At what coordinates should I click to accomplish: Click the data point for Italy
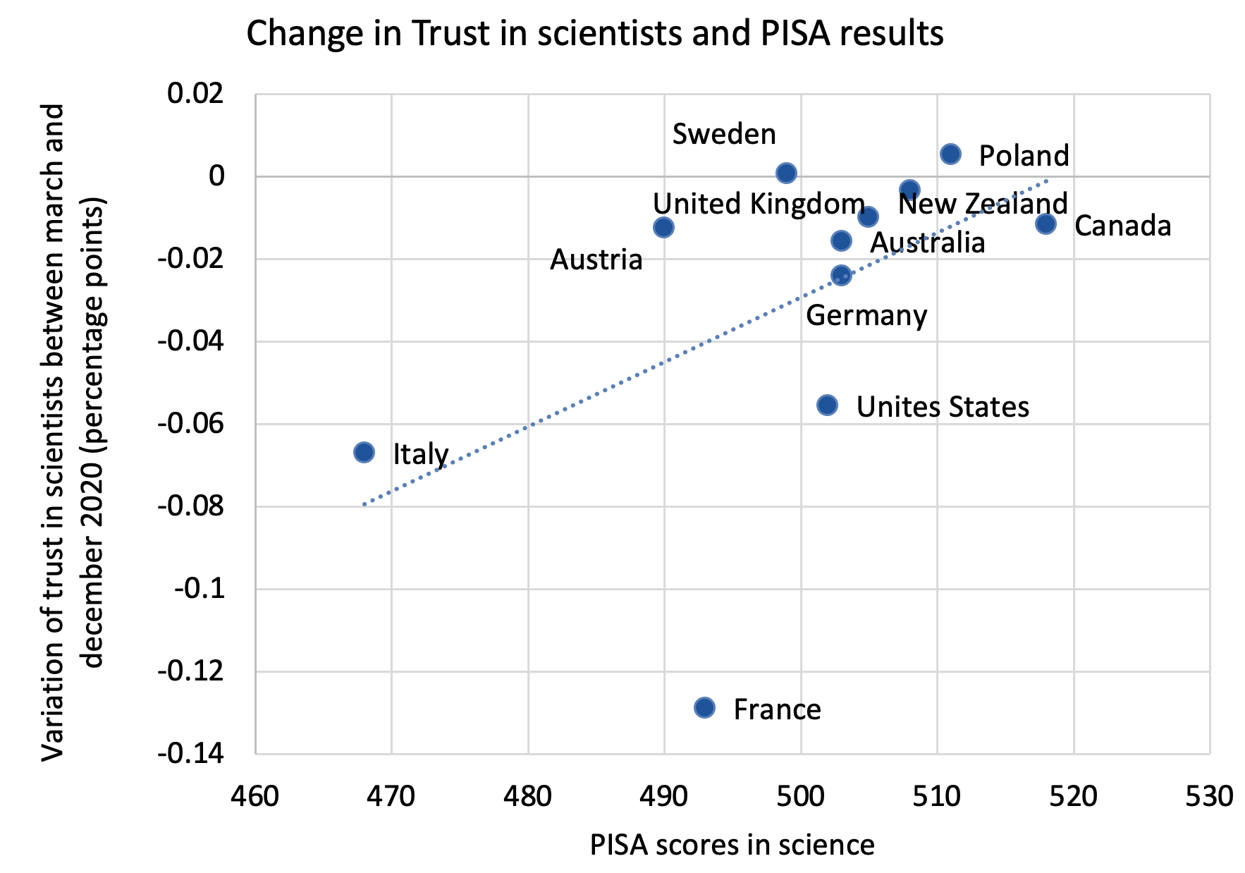[x=364, y=452]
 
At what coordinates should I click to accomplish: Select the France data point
[x=704, y=707]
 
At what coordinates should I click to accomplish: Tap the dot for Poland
[x=950, y=154]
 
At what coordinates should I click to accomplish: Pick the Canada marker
[x=1045, y=224]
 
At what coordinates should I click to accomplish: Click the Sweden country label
[x=723, y=134]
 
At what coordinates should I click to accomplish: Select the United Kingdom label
[x=759, y=204]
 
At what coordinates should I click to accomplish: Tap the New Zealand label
[x=983, y=204]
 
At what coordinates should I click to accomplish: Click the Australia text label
[x=927, y=243]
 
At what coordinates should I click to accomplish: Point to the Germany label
[x=866, y=315]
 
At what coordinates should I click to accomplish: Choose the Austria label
[x=596, y=260]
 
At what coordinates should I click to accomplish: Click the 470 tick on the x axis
[x=391, y=796]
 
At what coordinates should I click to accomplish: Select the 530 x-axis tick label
[x=1209, y=796]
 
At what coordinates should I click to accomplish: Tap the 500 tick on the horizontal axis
[x=800, y=796]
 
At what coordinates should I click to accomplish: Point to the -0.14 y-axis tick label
[x=191, y=754]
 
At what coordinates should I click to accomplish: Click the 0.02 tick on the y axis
[x=195, y=93]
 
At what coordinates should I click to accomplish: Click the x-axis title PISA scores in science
[x=732, y=844]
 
